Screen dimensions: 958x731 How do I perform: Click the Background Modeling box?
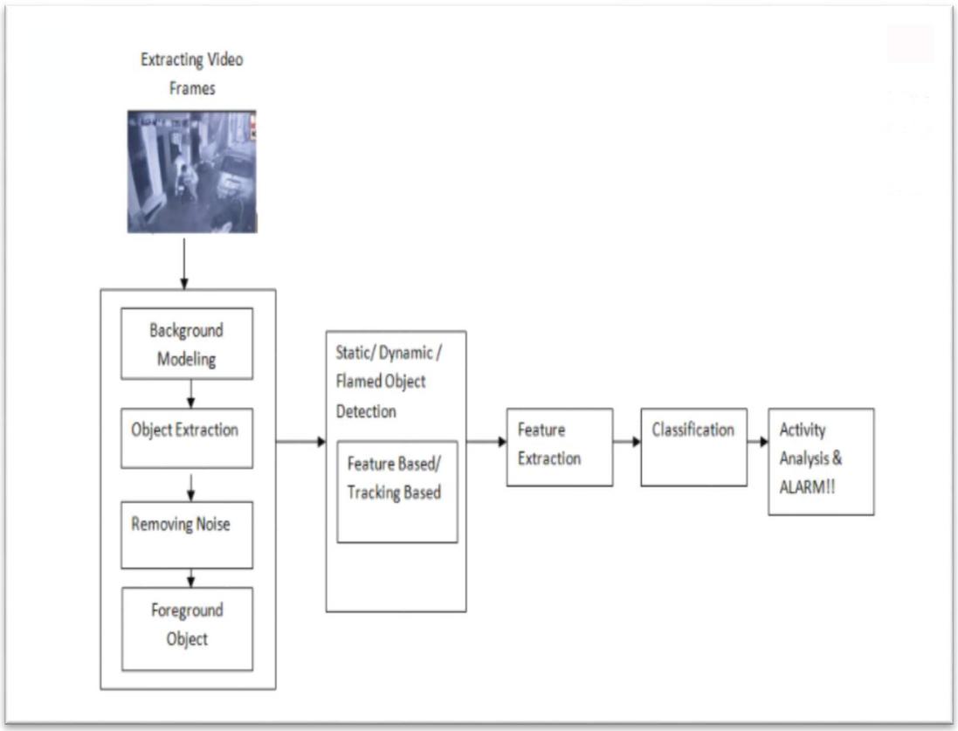[x=187, y=343]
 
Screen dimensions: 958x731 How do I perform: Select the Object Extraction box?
[x=187, y=438]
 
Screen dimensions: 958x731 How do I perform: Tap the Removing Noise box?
[x=187, y=534]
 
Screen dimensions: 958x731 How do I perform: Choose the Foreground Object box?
[x=187, y=629]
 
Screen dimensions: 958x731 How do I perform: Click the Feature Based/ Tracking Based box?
[x=397, y=492]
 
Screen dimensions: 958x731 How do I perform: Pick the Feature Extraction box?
[x=560, y=447]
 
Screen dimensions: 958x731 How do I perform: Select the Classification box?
[x=694, y=447]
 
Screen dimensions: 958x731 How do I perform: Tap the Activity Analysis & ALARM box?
[x=821, y=461]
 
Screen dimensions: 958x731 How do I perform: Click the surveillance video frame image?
[x=192, y=172]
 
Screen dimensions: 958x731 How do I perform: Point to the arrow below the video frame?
[x=184, y=264]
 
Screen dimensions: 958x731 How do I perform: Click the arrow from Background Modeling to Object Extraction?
[x=190, y=394]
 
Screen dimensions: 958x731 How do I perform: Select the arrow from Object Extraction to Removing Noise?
[x=190, y=487]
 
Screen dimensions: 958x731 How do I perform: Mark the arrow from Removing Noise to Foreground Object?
[x=190, y=578]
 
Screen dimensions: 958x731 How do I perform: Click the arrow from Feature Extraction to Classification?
[x=627, y=441]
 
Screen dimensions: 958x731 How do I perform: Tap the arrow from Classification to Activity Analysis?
[x=758, y=441]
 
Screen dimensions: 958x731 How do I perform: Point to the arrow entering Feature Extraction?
[x=486, y=441]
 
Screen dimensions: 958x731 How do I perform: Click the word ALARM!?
[x=807, y=487]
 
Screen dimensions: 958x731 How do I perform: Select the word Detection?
[x=366, y=411]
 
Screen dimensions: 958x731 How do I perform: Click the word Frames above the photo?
[x=192, y=88]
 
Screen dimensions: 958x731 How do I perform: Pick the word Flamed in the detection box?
[x=357, y=382]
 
